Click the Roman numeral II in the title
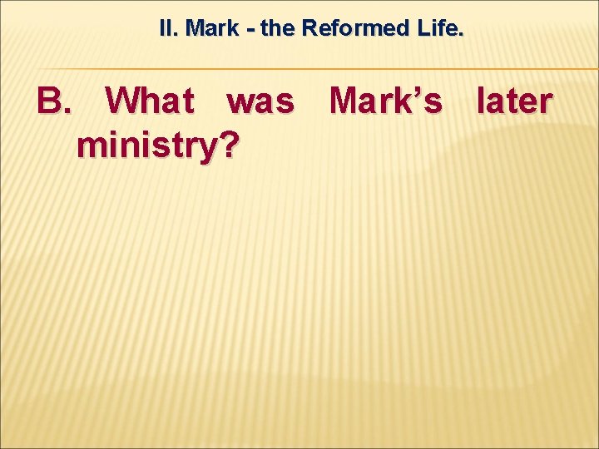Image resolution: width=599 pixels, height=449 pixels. pos(167,28)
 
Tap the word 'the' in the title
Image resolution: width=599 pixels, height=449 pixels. pos(277,28)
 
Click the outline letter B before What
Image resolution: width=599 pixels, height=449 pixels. pos(49,101)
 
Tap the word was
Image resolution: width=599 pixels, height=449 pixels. pos(260,101)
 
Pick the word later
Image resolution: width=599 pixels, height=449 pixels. pos(513,101)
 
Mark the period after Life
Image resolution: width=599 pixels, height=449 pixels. pos(462,34)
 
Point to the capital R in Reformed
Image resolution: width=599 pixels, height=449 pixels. pos(308,28)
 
